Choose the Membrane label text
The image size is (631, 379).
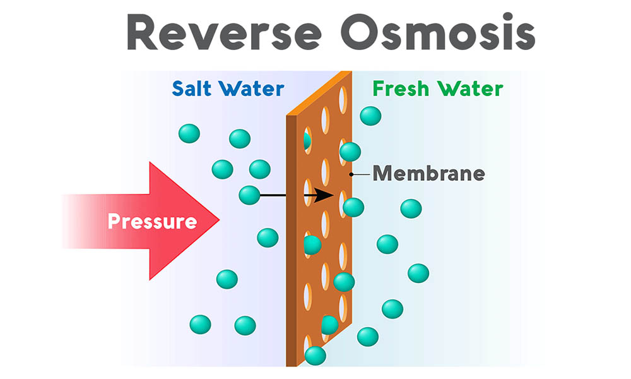pyautogui.click(x=429, y=173)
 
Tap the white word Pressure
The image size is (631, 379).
pyautogui.click(x=152, y=222)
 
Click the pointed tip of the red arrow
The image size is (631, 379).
pyautogui.click(x=218, y=220)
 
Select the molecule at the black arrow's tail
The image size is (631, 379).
pyautogui.click(x=249, y=195)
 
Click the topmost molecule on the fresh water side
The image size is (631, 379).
pyautogui.click(x=370, y=116)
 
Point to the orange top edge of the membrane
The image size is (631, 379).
pyautogui.click(x=319, y=94)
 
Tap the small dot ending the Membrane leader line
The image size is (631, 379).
pyautogui.click(x=351, y=174)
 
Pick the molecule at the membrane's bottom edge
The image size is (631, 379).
pyautogui.click(x=315, y=356)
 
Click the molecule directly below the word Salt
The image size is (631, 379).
pyautogui.click(x=189, y=134)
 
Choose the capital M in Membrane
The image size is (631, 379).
pyautogui.click(x=382, y=173)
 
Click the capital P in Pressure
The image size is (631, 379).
pyautogui.click(x=114, y=222)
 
